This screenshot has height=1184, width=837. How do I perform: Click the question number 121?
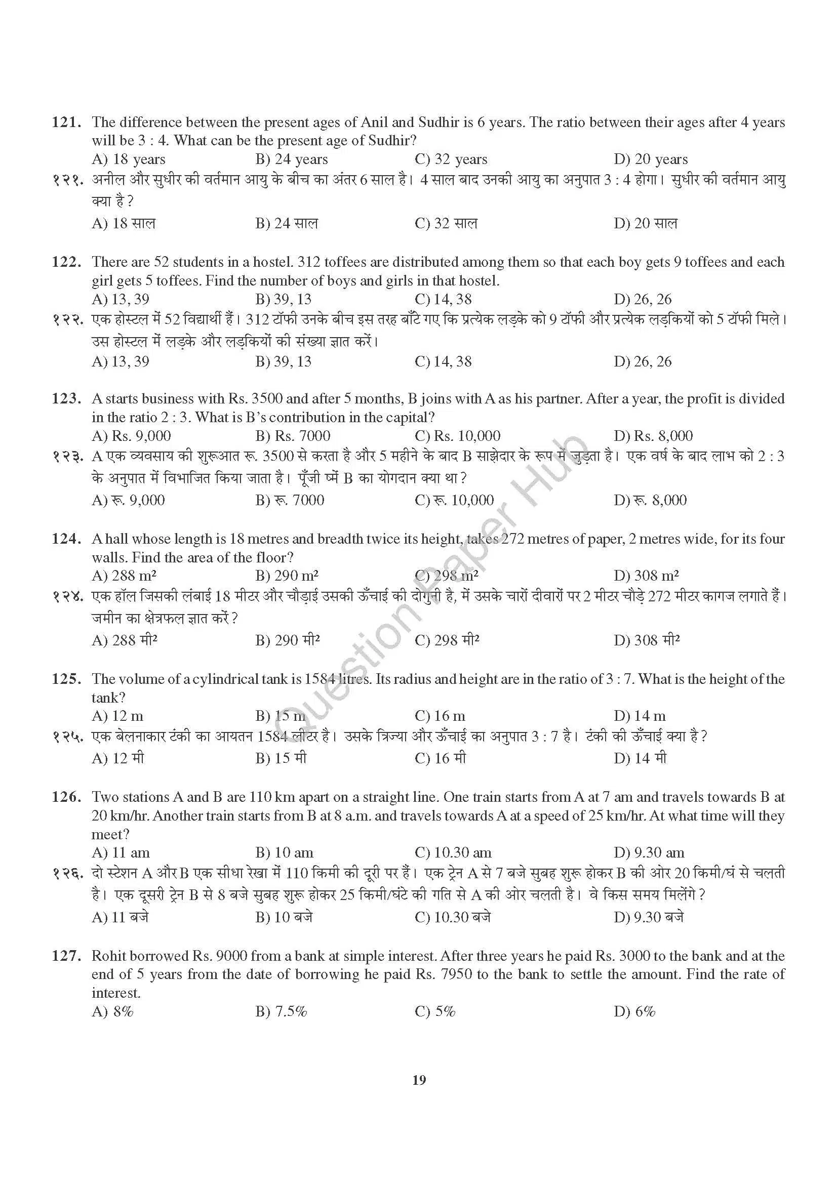pyautogui.click(x=66, y=123)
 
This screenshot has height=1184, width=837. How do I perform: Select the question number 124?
pyautogui.click(x=66, y=539)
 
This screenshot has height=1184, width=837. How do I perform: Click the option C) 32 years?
pyautogui.click(x=451, y=159)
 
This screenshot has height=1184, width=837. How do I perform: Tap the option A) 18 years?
pyautogui.click(x=129, y=159)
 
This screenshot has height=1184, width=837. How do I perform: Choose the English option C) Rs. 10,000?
pyautogui.click(x=457, y=436)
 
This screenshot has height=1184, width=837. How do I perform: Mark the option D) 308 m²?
pyautogui.click(x=646, y=576)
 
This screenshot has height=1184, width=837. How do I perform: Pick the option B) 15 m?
pyautogui.click(x=281, y=716)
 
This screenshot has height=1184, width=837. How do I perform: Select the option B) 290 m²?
pyautogui.click(x=287, y=576)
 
